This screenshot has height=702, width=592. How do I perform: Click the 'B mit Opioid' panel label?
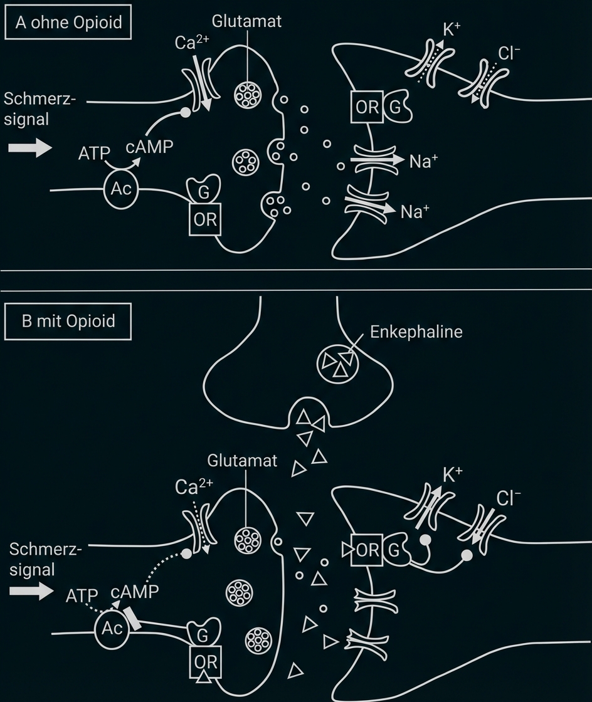pos(68,322)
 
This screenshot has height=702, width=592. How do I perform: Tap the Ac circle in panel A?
pos(121,189)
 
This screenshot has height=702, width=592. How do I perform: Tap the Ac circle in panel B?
pos(112,629)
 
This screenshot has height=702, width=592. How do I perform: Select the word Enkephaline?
pos(416,331)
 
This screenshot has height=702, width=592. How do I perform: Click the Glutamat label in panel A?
pos(246,21)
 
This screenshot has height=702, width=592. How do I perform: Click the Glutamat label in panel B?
pos(242,461)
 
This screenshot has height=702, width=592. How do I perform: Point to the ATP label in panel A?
pos(94,152)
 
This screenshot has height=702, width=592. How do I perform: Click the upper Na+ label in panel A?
pos(423,162)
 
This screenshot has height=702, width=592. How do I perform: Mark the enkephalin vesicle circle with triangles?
pos(339,363)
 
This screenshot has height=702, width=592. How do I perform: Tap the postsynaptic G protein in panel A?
pos(397,107)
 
